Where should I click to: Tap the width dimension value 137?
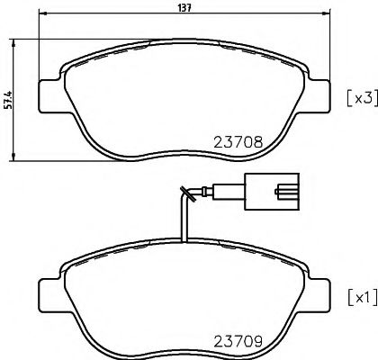click(x=184, y=8)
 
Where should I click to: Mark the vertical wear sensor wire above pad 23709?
click(x=184, y=220)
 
